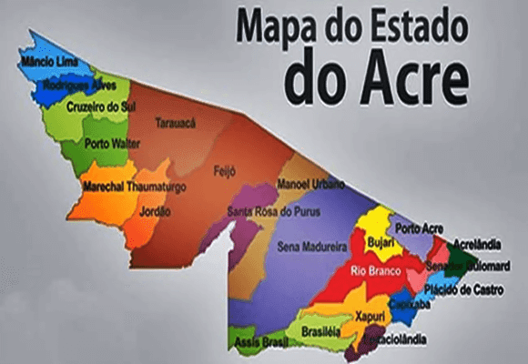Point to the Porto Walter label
point(110,144)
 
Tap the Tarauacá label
point(175,122)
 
